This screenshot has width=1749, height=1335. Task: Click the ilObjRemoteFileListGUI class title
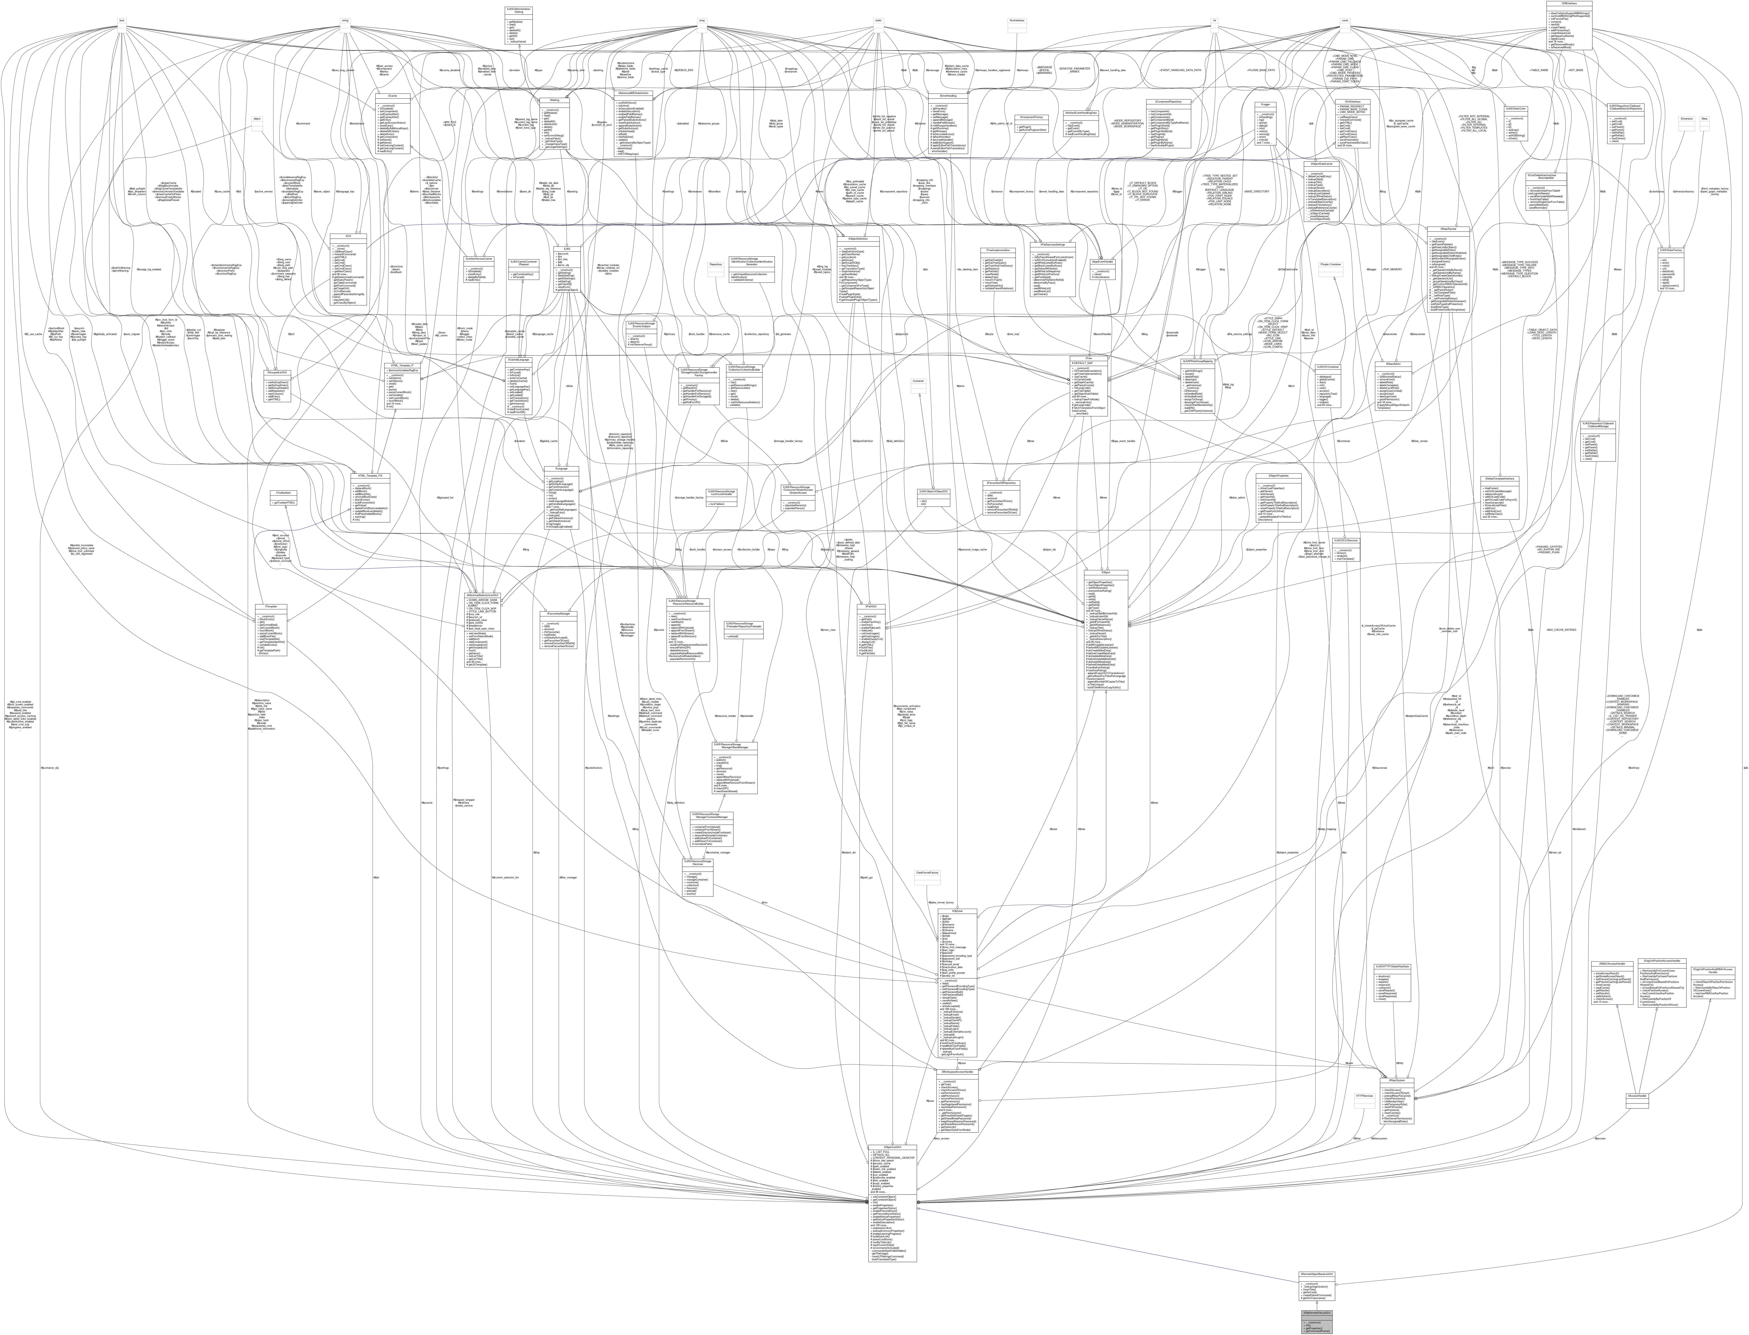pos(1316,1311)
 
